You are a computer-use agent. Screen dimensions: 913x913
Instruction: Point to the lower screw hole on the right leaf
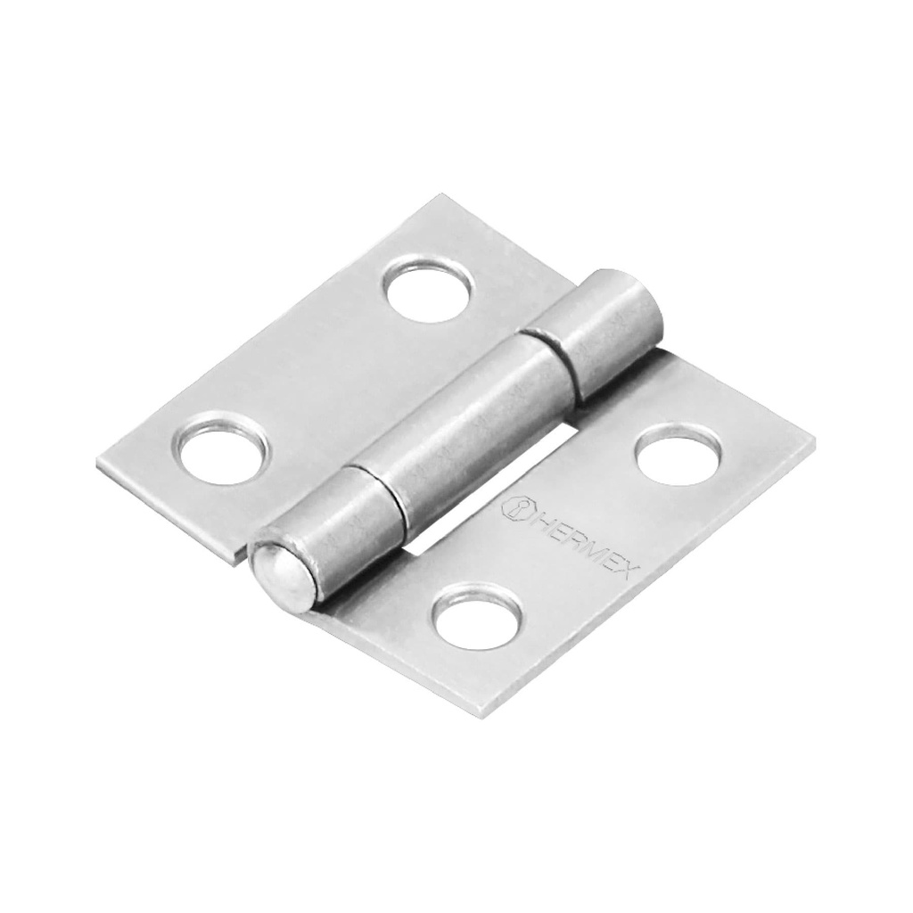click(x=477, y=614)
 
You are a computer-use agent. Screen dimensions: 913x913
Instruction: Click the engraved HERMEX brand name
click(x=580, y=543)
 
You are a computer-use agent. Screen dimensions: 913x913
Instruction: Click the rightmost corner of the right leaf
click(x=812, y=439)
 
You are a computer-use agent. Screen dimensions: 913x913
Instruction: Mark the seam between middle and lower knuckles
click(x=374, y=489)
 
